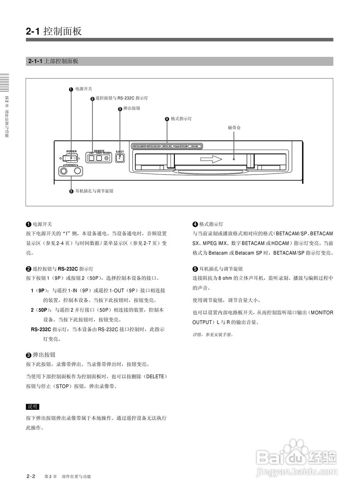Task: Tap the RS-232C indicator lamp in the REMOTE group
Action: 106,158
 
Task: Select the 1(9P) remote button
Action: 91,158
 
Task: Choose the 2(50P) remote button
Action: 99,158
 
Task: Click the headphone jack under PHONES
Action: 64,171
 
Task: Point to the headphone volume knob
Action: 78,171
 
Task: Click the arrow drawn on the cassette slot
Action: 211,159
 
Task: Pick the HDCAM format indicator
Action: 195,146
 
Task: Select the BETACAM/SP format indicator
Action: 139,146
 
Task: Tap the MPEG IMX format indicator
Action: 167,146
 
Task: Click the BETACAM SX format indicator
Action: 153,146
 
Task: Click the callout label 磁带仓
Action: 234,127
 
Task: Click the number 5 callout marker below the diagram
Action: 71,192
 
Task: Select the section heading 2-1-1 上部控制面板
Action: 53,61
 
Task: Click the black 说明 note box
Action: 32,407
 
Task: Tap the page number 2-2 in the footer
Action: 31,476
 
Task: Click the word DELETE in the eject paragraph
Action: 155,376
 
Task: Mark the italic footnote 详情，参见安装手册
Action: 213,334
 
